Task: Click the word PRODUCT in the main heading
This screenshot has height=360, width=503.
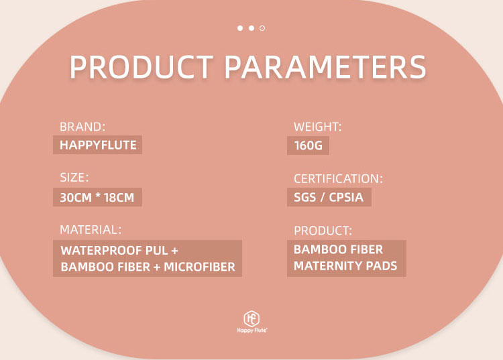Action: click(142, 68)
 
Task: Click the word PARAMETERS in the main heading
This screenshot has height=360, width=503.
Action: click(325, 68)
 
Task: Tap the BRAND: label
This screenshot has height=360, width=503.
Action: click(82, 126)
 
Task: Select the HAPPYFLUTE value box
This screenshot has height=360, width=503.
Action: click(97, 145)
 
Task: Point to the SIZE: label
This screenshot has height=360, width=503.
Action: click(74, 178)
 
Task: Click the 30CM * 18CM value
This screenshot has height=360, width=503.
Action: click(97, 198)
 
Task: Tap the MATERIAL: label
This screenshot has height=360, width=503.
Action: click(91, 229)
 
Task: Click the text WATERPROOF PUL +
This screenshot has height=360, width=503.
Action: click(119, 251)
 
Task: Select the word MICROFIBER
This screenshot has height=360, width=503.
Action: click(199, 267)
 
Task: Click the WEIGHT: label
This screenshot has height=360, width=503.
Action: click(318, 126)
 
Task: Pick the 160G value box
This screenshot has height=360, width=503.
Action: click(308, 145)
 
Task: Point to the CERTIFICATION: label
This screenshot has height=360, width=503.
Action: click(338, 179)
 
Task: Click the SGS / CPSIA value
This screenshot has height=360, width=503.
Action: click(329, 198)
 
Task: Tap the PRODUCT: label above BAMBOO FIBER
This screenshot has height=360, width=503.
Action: click(323, 231)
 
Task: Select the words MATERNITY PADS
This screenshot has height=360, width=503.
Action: click(345, 265)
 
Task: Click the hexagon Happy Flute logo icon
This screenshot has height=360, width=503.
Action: click(251, 318)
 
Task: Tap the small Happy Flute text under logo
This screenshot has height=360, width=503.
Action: click(251, 331)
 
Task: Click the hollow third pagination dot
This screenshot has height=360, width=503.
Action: click(262, 28)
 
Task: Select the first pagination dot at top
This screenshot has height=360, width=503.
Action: click(240, 28)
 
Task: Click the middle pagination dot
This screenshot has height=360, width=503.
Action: click(251, 28)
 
